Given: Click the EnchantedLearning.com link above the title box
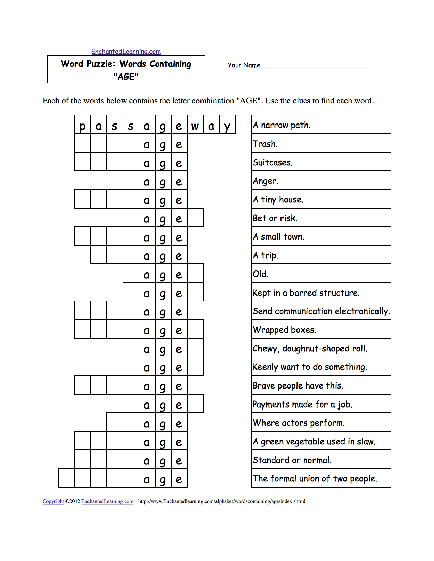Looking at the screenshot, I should (x=126, y=52).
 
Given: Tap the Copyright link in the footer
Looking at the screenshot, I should (x=53, y=501).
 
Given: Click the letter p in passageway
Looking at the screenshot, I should (x=82, y=126).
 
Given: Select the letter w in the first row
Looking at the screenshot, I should (x=195, y=126).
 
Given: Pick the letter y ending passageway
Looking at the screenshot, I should (x=227, y=126).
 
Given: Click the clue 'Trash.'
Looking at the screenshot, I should (x=265, y=144).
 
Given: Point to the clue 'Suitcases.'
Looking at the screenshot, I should (x=273, y=163).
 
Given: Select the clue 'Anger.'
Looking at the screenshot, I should (x=266, y=181).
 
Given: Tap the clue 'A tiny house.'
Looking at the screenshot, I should (x=278, y=200).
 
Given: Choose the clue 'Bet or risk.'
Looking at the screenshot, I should (x=275, y=218).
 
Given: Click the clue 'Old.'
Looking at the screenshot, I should (x=261, y=274).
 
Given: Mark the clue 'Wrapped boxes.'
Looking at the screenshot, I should (x=285, y=330).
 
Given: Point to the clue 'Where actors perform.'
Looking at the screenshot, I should (x=299, y=423).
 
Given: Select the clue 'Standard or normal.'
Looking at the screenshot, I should (x=292, y=460).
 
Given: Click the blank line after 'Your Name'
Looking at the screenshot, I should (x=314, y=66).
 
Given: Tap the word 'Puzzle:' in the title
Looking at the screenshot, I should (x=101, y=64).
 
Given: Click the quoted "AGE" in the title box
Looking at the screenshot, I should (x=126, y=77).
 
